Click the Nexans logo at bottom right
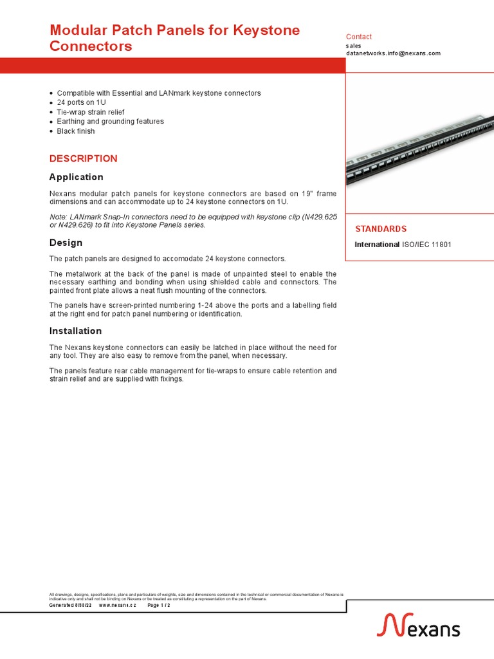coord(418,626)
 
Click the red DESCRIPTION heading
coord(84,158)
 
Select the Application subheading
coord(76,177)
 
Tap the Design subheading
coord(66,243)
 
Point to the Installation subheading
coord(75,331)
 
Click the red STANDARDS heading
coord(381,229)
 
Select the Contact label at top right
coord(359,37)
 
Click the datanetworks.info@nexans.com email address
coord(393,53)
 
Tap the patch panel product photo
coord(419,143)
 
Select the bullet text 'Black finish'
coord(75,131)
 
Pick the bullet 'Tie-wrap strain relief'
coord(91,112)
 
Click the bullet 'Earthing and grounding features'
coord(110,122)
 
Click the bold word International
coord(377,245)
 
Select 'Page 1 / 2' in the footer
coord(159,606)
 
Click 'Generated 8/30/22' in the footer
coord(71,606)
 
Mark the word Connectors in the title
coord(91,46)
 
